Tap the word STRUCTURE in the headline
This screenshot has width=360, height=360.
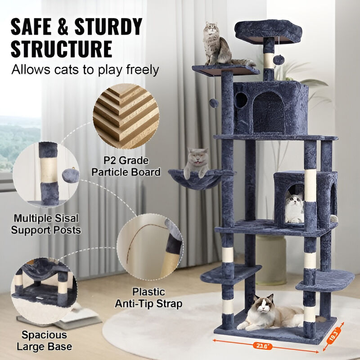[x=62, y=48]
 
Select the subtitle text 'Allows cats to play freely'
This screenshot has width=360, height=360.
[x=85, y=70]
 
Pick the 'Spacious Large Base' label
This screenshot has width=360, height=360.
[x=45, y=341]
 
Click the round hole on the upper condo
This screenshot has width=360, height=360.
[x=241, y=100]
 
